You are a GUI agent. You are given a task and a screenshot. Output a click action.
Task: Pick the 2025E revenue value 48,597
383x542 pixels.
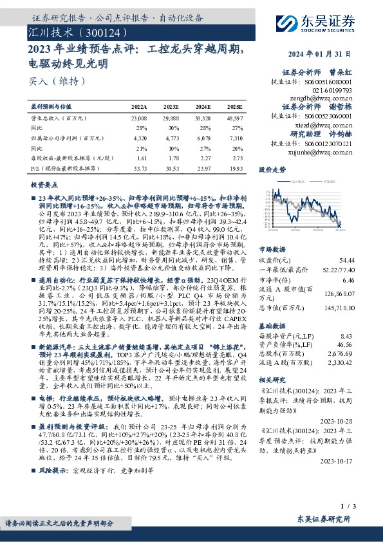coord(234,118)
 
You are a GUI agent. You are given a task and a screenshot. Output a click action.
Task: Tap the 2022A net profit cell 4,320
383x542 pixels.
coord(139,138)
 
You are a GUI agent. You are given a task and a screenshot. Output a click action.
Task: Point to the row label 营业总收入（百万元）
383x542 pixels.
coord(58,118)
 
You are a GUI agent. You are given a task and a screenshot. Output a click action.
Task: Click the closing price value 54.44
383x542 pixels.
coord(346,259)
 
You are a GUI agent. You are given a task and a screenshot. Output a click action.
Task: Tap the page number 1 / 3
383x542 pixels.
coord(348,507)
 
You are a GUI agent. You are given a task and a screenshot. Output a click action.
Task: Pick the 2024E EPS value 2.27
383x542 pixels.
coord(203,157)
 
